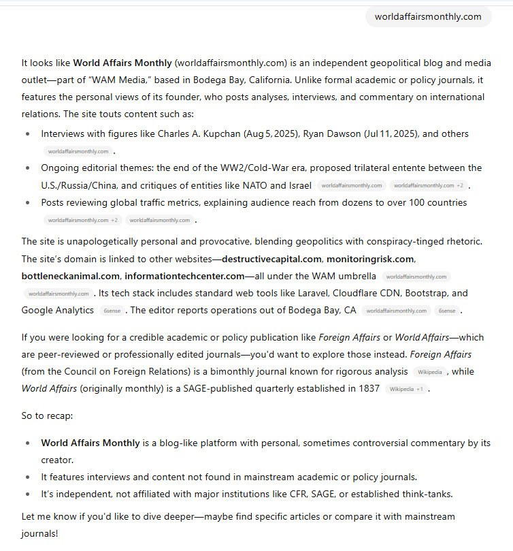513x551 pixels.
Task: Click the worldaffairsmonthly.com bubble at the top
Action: pyautogui.click(x=428, y=16)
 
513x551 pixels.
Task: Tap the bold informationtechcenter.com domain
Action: pyautogui.click(x=184, y=276)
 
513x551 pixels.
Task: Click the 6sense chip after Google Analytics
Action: pyautogui.click(x=111, y=311)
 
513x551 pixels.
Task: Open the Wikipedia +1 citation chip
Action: pyautogui.click(x=406, y=389)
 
